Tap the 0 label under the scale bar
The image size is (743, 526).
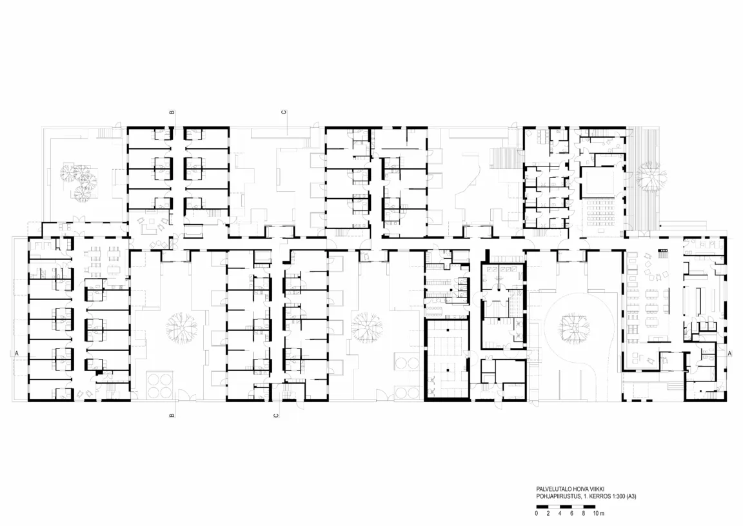(537, 513)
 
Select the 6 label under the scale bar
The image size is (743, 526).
(572, 513)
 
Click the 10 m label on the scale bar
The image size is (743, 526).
(599, 513)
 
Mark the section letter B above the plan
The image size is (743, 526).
(172, 113)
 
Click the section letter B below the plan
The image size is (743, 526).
(172, 415)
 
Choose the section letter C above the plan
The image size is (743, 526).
(283, 112)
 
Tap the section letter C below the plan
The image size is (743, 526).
(276, 416)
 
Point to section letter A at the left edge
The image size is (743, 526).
(17, 353)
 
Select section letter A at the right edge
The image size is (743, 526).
(729, 353)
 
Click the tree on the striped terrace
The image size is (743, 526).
(651, 176)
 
